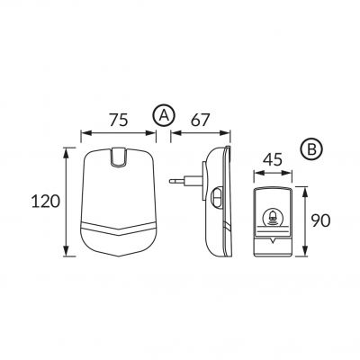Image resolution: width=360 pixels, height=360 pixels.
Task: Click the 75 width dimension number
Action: [x=118, y=120]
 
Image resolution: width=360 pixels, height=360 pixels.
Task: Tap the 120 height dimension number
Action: [x=46, y=202]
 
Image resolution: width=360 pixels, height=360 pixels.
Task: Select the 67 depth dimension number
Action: [x=200, y=120]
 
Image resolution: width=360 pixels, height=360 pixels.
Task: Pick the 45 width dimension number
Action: [x=273, y=159]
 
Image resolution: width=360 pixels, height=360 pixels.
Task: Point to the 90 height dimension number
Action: [x=320, y=220]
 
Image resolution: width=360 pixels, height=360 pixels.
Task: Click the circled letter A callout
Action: [x=164, y=115]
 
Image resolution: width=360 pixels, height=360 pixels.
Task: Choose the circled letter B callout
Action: [x=311, y=149]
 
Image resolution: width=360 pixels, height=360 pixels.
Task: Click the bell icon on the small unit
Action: [x=273, y=217]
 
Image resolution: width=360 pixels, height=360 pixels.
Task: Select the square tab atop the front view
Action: [x=119, y=157]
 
